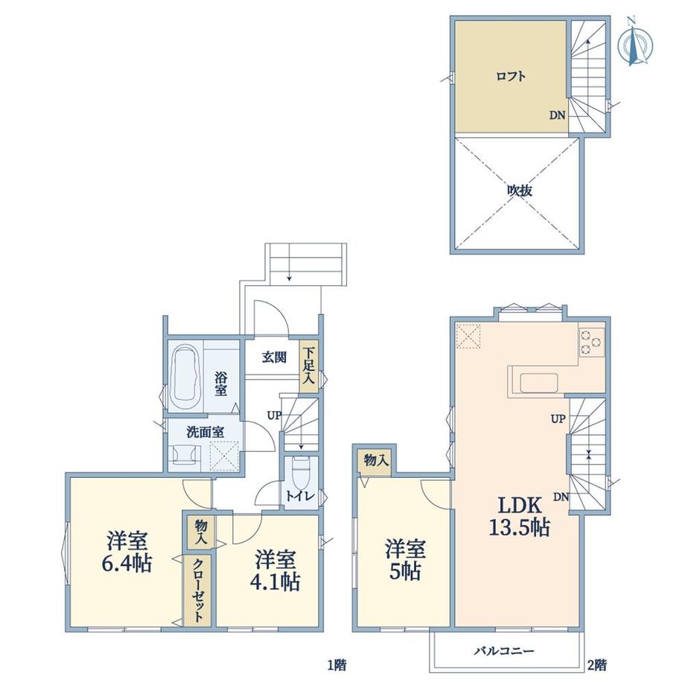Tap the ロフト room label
coord(511,77)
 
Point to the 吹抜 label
coord(520,191)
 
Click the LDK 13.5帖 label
coord(520,517)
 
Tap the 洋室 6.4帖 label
coord(127,552)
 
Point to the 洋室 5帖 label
coord(405,561)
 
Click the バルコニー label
coord(505,651)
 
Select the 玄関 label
coord(274,357)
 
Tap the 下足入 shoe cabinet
coord(309,366)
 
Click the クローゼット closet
coord(198,590)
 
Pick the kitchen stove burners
coord(591,342)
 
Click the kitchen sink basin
coord(538,383)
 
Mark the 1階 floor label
coord(337,666)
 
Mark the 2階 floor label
coord(596,666)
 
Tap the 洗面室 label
coord(205,433)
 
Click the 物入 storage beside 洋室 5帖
coord(376,459)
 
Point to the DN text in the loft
coord(557,115)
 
